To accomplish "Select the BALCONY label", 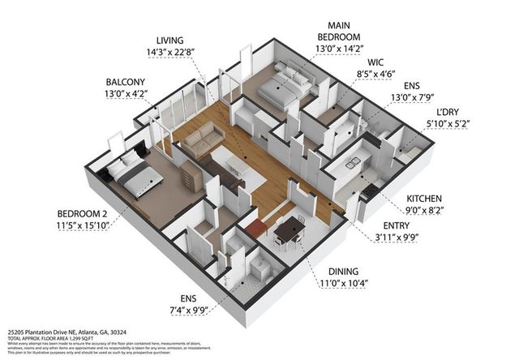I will coord(126,82).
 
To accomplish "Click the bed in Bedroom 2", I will coord(127,174).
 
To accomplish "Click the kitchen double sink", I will coord(354,165).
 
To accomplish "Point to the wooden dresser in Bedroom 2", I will coord(191,173).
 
